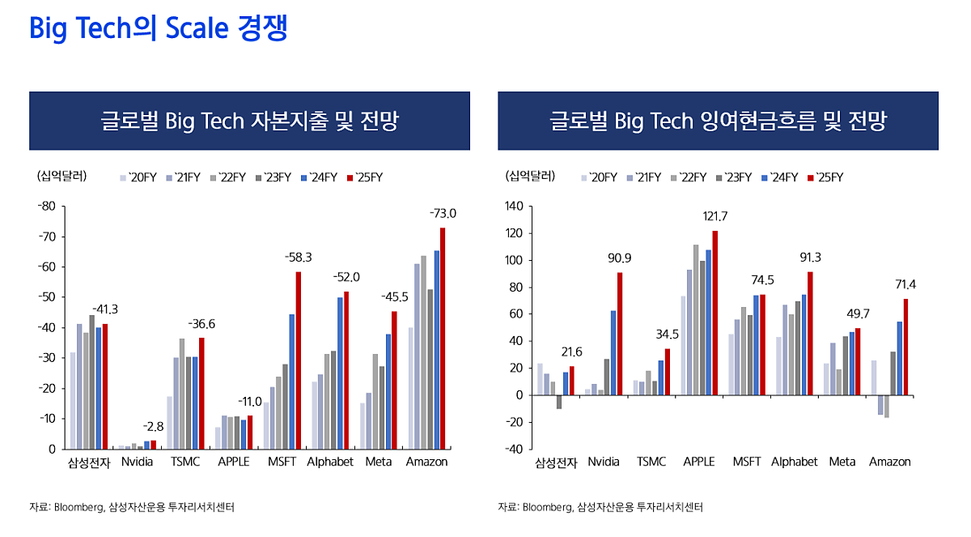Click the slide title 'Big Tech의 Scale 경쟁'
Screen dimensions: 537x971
coord(158,29)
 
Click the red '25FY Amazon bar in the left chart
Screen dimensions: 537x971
coord(443,338)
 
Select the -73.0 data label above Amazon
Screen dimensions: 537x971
coord(443,214)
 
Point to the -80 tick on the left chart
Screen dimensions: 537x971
coord(46,207)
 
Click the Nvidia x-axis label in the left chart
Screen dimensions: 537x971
coord(137,462)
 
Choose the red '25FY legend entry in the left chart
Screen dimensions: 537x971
coord(364,177)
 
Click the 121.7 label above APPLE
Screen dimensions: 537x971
coord(714,216)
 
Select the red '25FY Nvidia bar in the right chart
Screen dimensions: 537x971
coord(620,334)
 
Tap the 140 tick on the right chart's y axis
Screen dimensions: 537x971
coord(515,207)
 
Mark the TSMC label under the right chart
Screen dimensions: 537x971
coord(651,462)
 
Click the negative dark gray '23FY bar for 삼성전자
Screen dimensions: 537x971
coord(558,402)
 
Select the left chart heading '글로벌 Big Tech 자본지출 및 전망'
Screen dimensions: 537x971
coord(249,121)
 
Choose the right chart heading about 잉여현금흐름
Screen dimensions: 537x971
coord(718,121)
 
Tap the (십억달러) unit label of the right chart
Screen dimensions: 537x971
coord(530,176)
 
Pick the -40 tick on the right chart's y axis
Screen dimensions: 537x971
coord(515,449)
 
